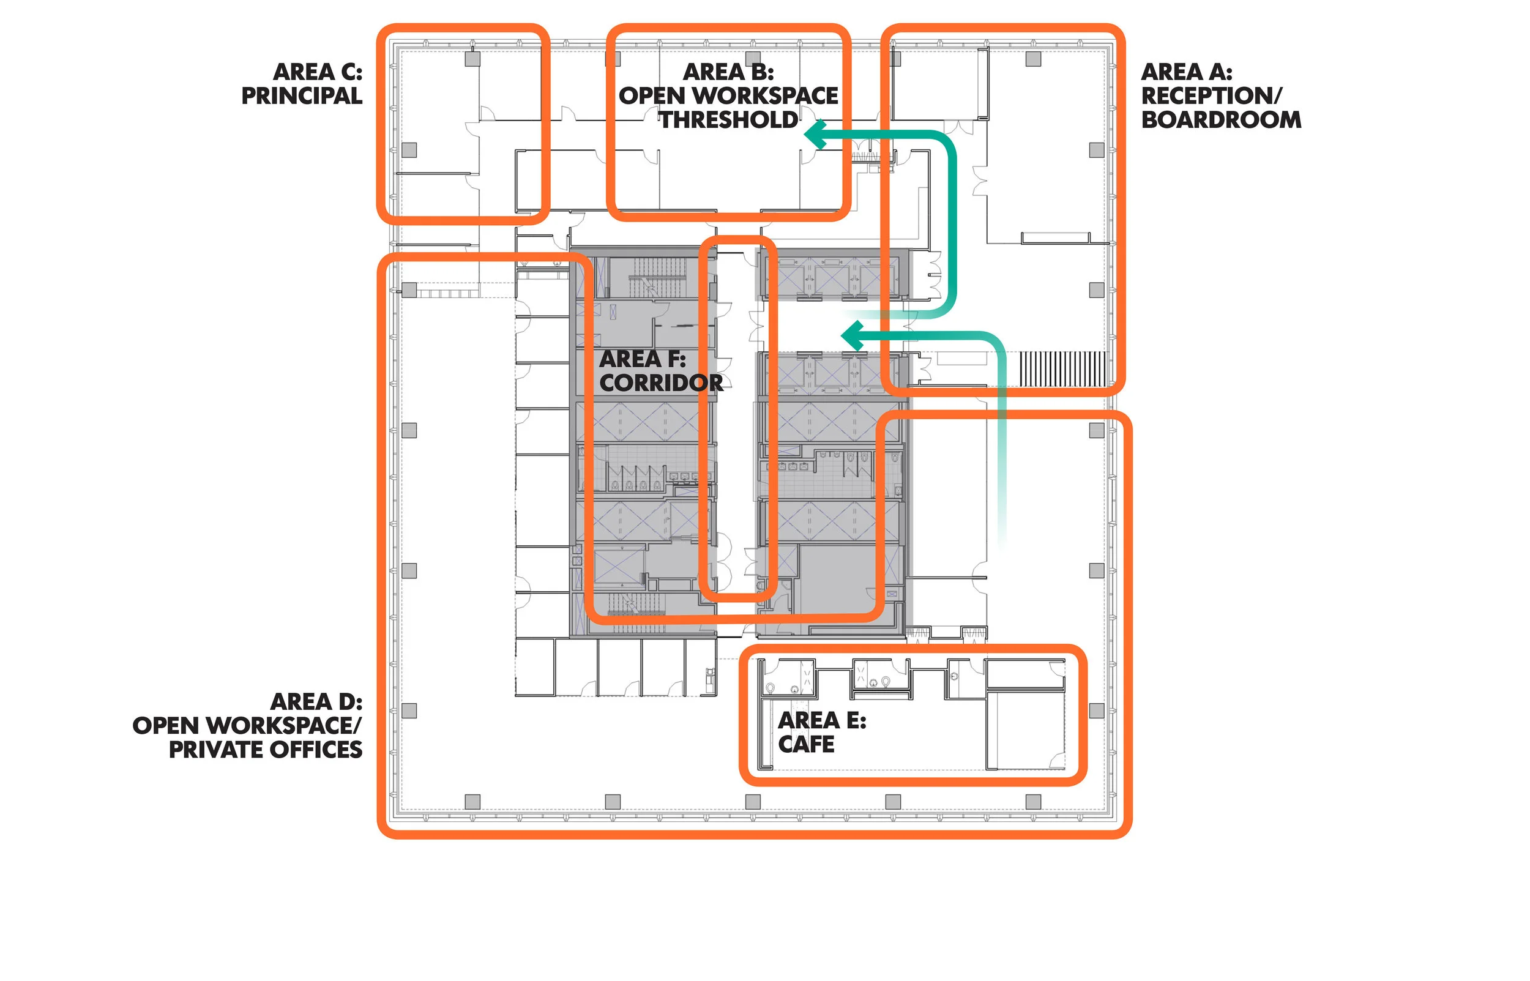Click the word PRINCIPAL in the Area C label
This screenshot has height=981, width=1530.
[301, 96]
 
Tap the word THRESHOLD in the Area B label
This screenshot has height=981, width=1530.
[728, 120]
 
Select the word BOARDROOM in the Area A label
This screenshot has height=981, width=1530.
[1220, 120]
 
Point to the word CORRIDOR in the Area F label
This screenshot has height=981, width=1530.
[661, 383]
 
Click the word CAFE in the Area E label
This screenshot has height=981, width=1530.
[806, 744]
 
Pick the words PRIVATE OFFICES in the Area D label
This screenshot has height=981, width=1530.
[266, 750]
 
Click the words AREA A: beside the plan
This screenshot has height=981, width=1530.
[1186, 72]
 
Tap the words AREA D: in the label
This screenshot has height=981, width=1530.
[316, 702]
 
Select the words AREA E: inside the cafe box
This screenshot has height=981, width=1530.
[822, 720]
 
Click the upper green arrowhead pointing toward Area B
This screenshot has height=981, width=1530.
[816, 135]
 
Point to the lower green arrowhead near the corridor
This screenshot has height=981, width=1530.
[853, 336]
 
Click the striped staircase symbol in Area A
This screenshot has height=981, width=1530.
[1063, 369]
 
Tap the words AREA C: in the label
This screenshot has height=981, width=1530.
[317, 72]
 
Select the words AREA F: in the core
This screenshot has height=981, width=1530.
[642, 359]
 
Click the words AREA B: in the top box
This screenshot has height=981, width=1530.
[728, 72]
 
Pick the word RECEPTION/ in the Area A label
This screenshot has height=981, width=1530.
[1211, 96]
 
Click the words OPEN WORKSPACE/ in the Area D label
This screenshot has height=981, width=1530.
[247, 726]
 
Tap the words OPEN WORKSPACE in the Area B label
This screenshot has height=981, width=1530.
[728, 96]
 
